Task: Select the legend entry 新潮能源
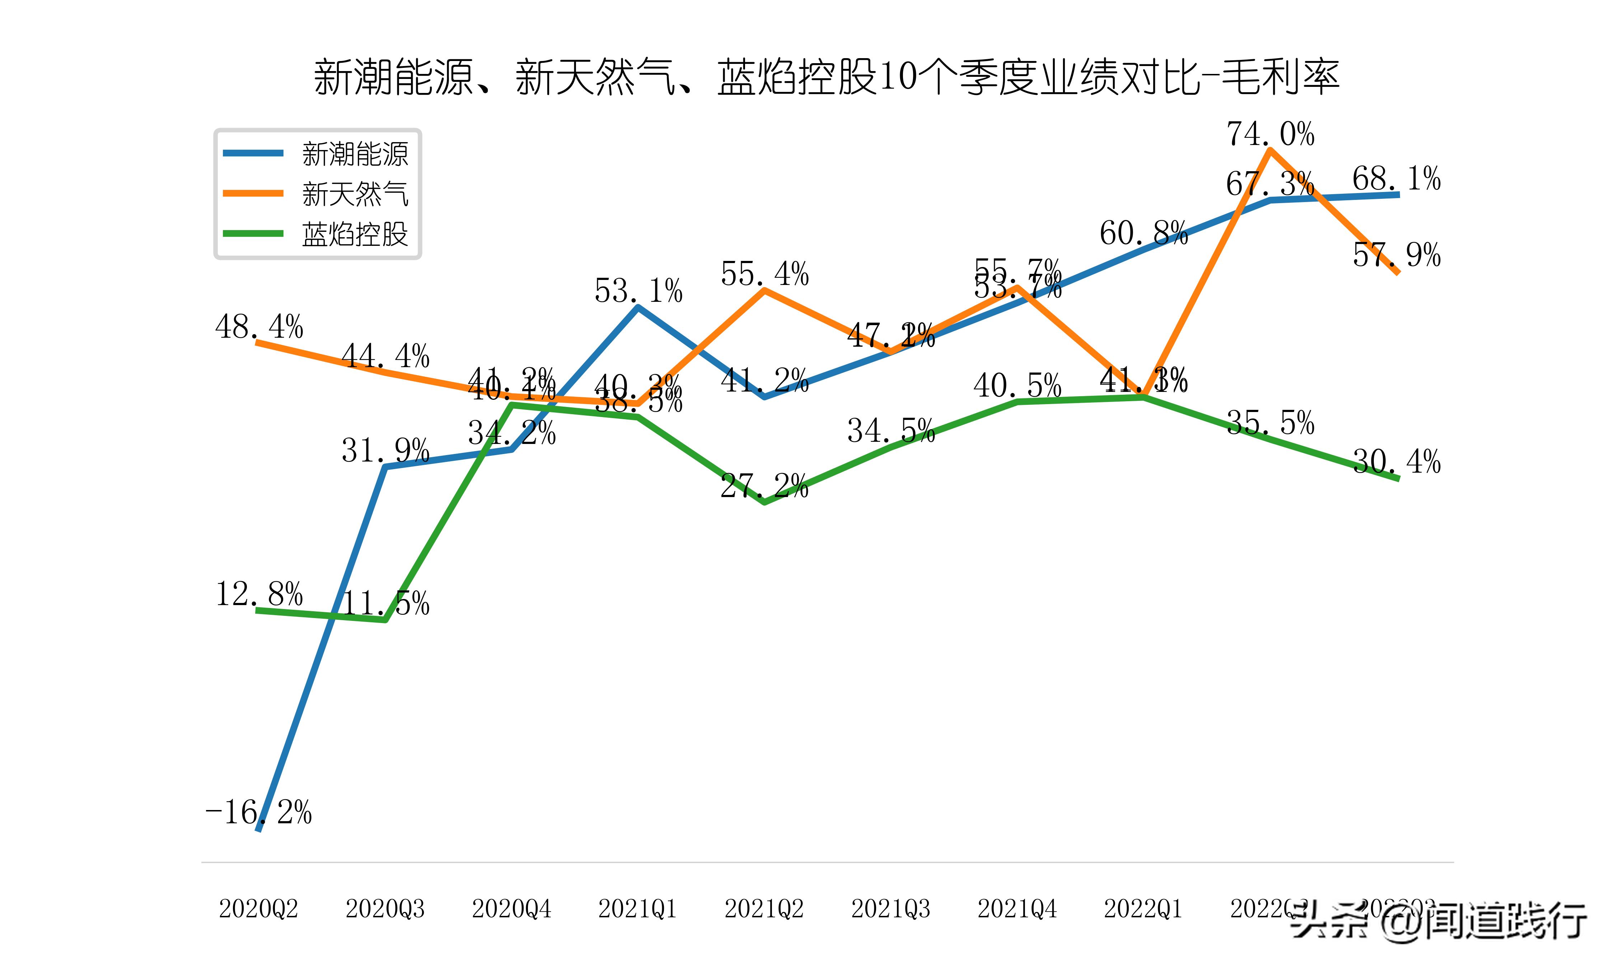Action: click(355, 154)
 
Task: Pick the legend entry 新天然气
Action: click(355, 194)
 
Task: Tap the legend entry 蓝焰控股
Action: click(355, 234)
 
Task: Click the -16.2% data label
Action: click(258, 812)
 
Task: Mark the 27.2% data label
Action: click(764, 486)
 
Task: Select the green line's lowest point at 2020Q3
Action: click(385, 620)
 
